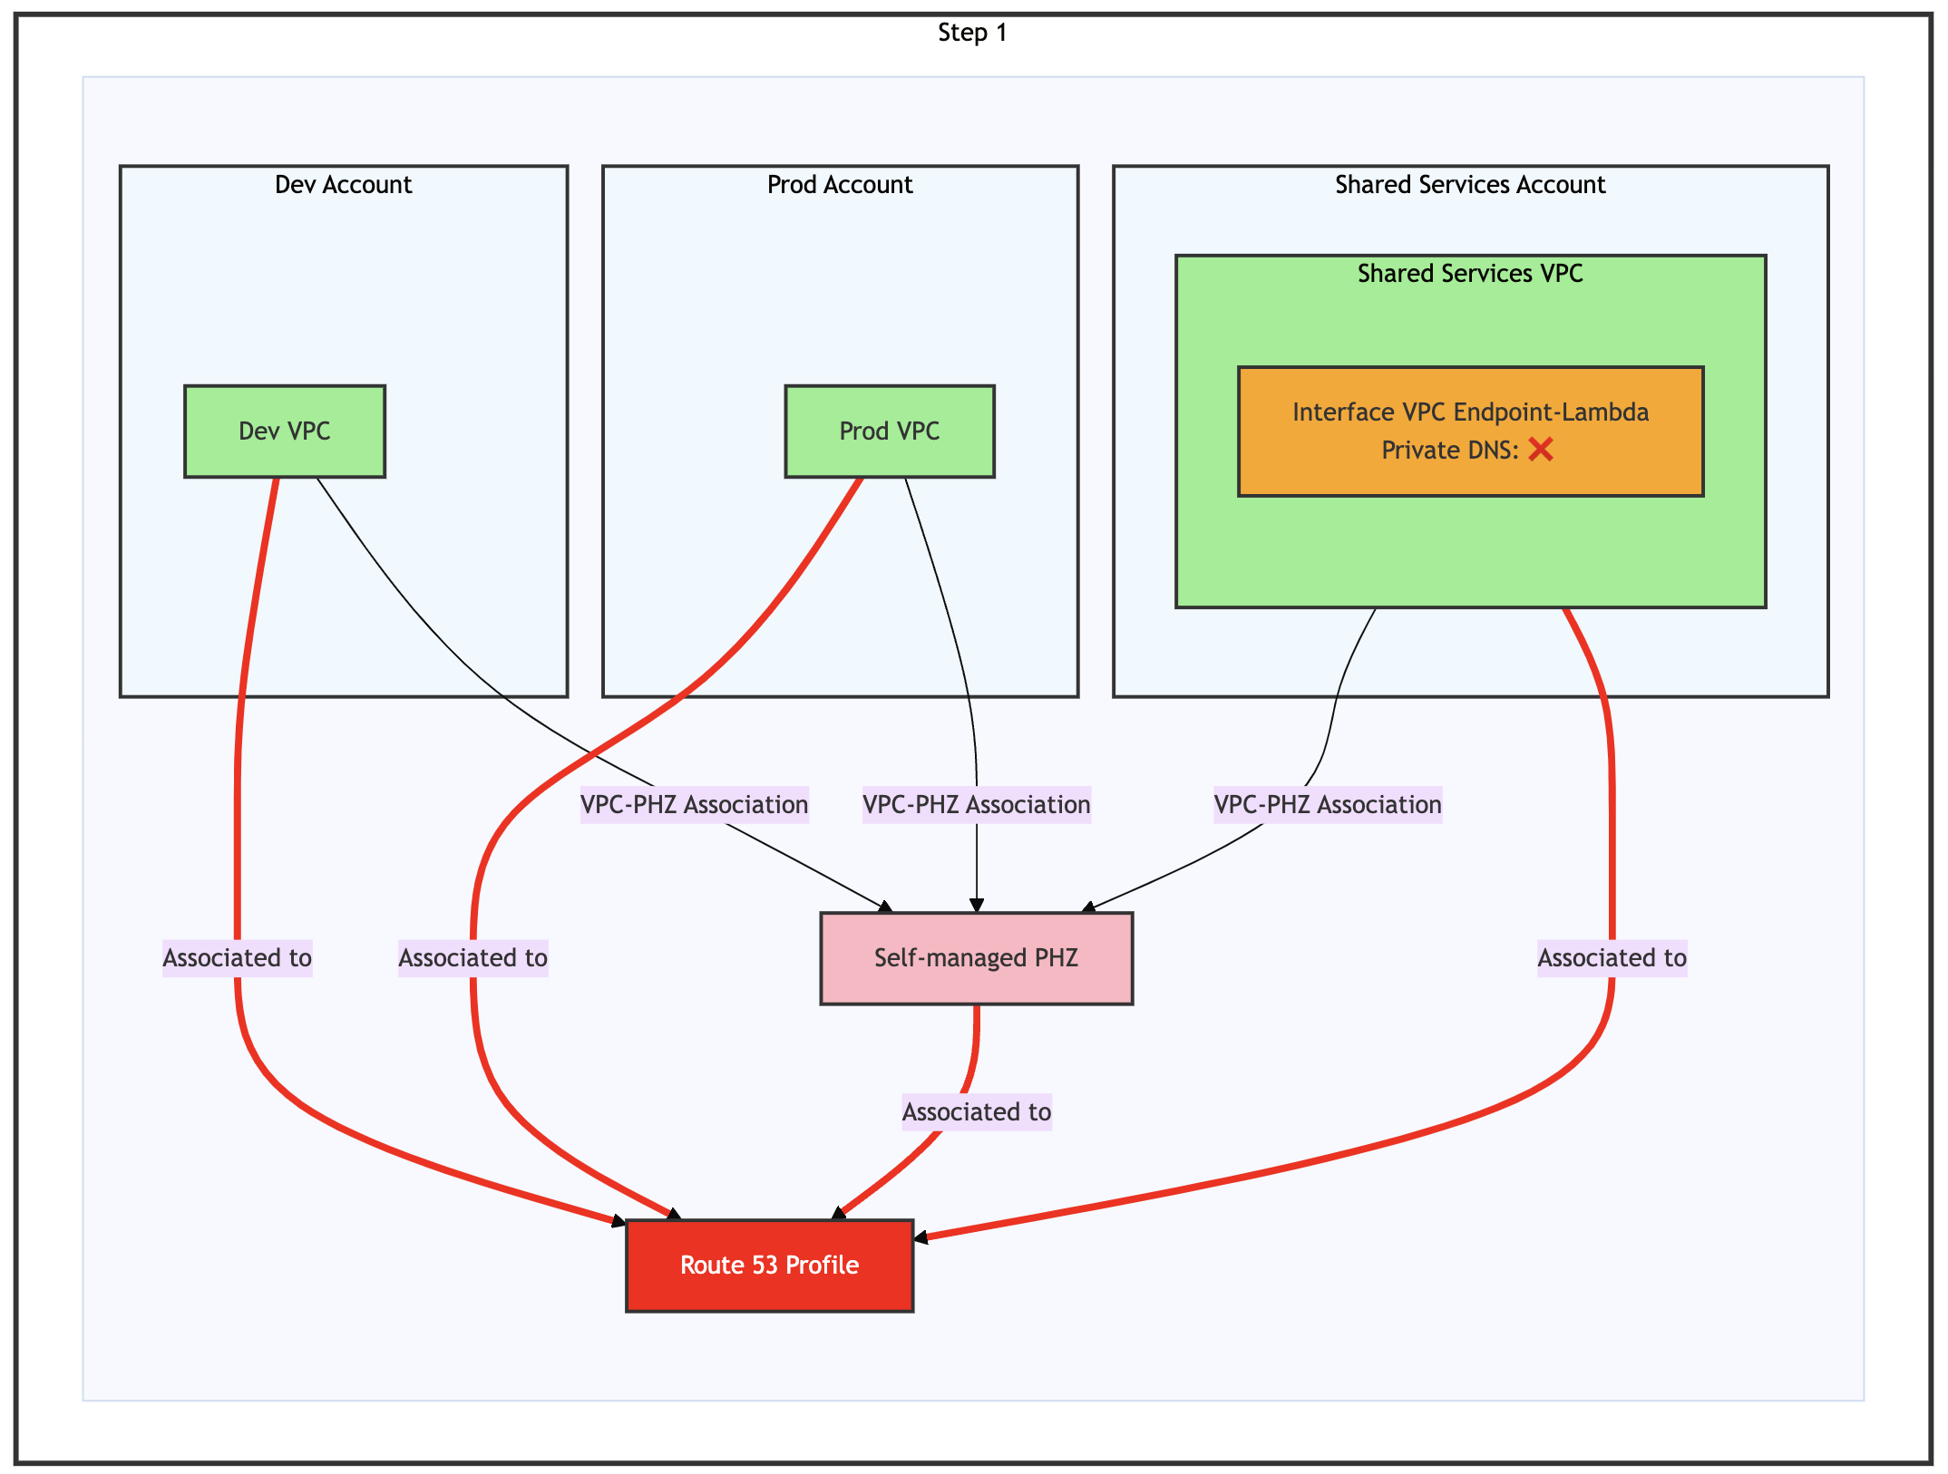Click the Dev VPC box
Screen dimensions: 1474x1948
284,432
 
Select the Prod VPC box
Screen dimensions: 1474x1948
889,432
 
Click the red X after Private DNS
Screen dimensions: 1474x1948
1541,450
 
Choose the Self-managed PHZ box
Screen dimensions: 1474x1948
976,958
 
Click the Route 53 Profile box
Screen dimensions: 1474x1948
769,1266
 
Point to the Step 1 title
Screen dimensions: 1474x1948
972,33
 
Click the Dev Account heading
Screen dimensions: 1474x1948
343,185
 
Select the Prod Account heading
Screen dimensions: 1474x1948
840,185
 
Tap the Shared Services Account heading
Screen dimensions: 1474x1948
1470,185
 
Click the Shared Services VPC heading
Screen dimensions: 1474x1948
1470,274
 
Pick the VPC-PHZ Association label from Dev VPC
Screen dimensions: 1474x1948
694,805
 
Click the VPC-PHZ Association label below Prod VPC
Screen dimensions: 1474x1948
976,805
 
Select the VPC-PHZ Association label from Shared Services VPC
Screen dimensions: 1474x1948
1328,805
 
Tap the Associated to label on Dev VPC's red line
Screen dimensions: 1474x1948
237,958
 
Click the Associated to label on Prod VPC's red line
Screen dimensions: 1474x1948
472,958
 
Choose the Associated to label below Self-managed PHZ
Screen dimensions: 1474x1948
976,1112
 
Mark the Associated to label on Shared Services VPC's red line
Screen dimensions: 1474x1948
1612,958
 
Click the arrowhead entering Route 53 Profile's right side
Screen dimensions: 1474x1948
920,1237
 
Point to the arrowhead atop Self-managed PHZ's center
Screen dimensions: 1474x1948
977,906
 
